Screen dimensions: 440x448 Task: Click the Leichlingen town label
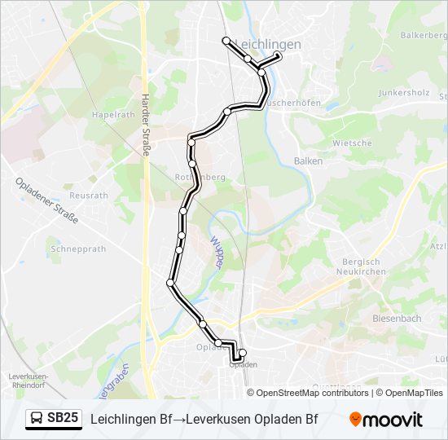267,45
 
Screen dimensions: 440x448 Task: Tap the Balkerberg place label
424,36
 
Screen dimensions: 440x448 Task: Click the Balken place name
308,161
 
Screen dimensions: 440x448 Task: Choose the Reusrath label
89,196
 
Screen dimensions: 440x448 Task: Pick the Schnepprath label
78,249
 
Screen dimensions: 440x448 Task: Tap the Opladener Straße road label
46,202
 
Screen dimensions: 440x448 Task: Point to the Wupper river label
219,249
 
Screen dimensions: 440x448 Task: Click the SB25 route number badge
63,419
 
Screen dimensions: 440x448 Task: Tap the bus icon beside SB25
37,419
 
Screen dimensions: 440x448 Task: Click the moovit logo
386,420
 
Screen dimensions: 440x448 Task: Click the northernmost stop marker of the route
226,40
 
